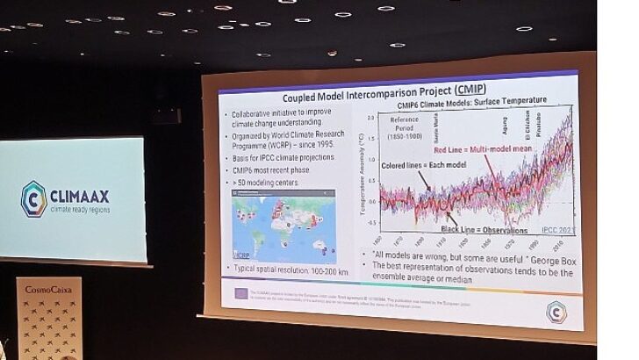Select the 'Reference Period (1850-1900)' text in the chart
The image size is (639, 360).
pos(405,126)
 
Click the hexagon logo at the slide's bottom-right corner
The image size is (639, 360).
pos(555,312)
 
